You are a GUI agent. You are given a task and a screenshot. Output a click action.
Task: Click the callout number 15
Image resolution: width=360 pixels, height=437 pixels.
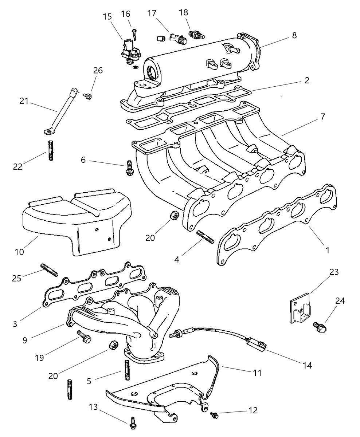click(x=107, y=17)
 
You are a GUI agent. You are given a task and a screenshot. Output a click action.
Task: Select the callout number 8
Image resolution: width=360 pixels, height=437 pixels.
click(x=294, y=35)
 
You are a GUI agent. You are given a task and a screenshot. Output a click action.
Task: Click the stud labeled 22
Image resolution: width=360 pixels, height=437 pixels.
click(x=51, y=150)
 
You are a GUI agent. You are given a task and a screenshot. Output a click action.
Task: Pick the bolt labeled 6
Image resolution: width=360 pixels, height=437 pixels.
click(x=129, y=168)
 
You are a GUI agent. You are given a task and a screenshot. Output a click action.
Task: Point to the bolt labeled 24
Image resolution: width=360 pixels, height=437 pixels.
click(x=320, y=326)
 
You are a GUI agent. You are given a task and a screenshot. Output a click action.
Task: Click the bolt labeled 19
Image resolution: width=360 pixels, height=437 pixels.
click(x=83, y=337)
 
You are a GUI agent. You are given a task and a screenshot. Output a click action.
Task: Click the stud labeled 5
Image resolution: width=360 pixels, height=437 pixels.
click(x=127, y=370)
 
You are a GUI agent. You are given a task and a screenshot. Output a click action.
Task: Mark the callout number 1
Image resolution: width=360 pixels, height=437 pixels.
click(x=327, y=250)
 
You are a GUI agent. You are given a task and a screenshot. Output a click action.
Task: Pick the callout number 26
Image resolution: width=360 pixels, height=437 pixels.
click(x=98, y=70)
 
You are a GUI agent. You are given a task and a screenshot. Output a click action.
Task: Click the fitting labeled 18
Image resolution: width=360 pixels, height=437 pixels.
click(x=196, y=35)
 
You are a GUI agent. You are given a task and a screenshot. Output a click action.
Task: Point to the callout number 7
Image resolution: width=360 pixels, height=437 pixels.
click(x=322, y=117)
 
